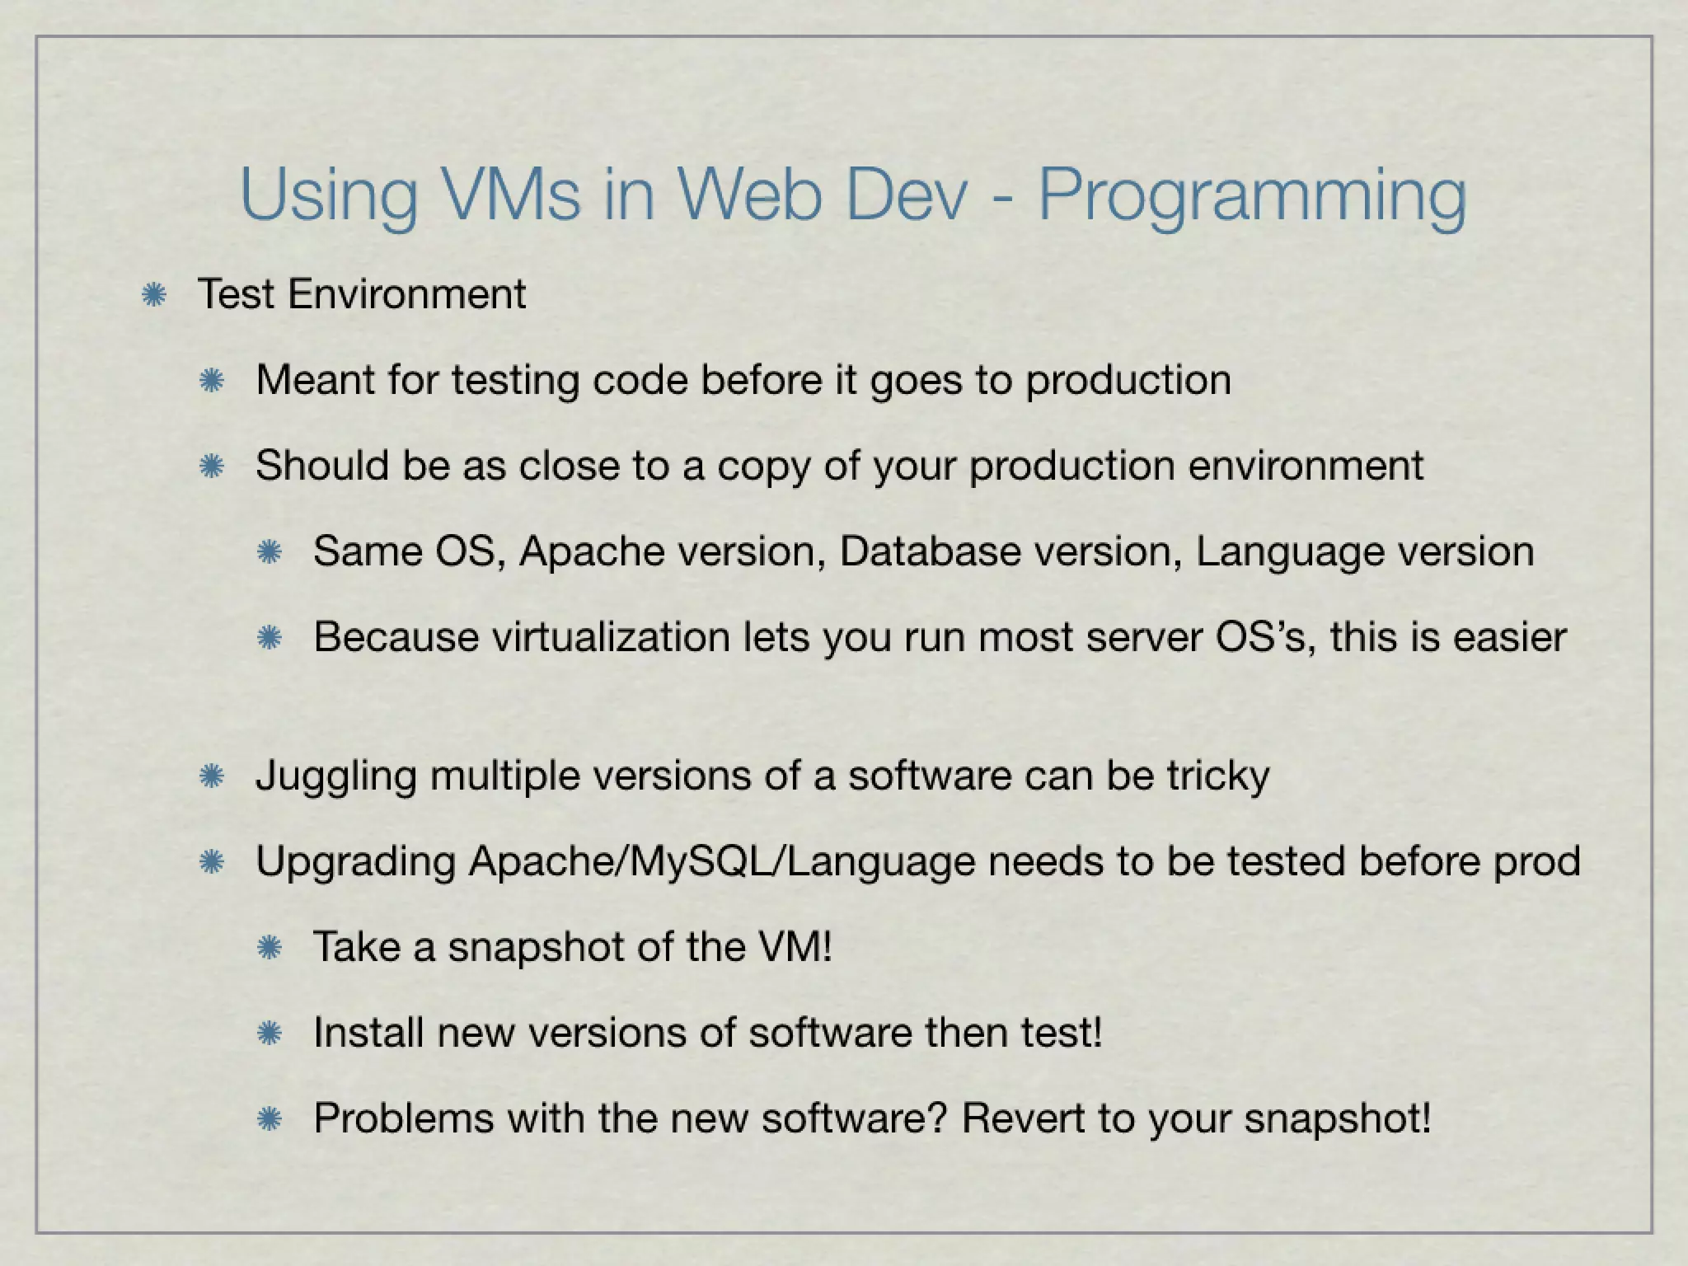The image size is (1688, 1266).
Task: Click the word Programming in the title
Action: point(1252,198)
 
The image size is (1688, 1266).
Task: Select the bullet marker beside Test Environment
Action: point(153,294)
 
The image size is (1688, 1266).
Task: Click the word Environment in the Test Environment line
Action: point(406,294)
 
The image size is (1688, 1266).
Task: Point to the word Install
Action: point(368,1033)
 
